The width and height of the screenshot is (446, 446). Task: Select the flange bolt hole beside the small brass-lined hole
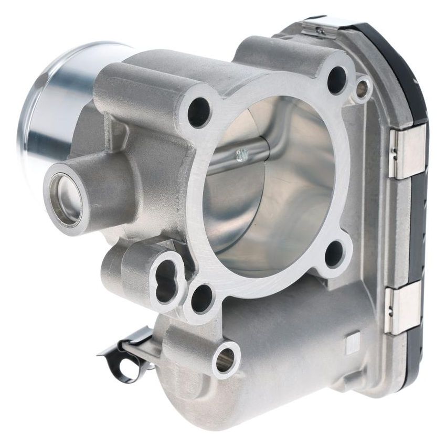337,80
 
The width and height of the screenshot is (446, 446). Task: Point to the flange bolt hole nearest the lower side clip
334,254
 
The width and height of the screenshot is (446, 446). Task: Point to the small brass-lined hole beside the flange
362,88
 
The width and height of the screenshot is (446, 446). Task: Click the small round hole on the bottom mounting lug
226,359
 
